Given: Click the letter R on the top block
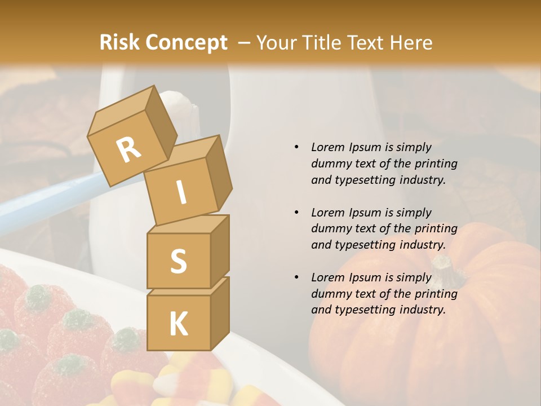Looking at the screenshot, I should pos(128,149).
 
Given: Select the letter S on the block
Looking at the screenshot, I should pos(178,261).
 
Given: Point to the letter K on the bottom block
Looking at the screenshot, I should pos(178,324).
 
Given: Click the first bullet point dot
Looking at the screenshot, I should pos(296,147).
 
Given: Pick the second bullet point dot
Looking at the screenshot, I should pos(296,213).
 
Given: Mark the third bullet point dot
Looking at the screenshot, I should pos(296,277).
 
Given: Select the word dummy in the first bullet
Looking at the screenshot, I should pos(331,164).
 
